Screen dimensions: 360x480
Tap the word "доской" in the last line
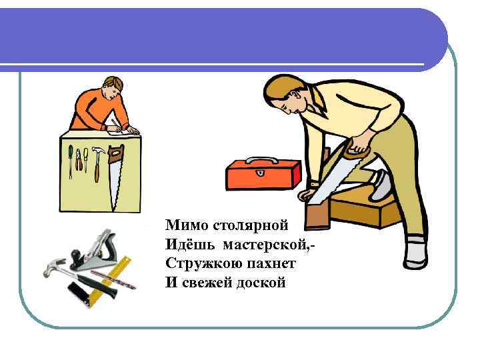263,282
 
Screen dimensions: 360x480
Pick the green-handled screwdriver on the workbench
71,160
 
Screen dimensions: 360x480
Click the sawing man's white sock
415,250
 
